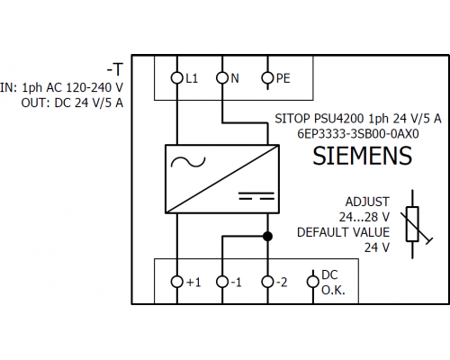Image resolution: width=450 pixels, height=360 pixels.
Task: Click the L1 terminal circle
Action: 177,78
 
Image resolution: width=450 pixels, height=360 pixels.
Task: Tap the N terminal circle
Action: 222,78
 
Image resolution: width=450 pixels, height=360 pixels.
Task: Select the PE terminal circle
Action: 267,78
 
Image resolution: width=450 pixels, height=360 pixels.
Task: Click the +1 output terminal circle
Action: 177,282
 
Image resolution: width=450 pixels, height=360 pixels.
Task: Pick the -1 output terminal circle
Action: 222,282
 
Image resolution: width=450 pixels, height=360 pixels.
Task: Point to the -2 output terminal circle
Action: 267,282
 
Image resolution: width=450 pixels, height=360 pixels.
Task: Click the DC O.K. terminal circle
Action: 313,282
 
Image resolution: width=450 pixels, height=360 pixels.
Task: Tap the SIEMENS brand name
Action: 363,156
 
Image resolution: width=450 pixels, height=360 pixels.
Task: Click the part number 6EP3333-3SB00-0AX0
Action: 358,134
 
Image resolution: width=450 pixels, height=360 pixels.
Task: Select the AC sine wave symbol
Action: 188,162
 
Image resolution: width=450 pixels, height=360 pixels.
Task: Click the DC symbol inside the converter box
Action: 256,196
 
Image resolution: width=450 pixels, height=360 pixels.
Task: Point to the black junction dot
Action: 267,237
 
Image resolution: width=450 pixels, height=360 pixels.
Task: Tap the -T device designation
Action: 115,69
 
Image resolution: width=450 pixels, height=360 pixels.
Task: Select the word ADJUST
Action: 367,202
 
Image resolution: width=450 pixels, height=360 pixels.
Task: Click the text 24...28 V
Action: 364,217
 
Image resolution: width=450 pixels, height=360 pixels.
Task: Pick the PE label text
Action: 283,78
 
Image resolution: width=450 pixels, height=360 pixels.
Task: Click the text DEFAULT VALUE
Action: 344,232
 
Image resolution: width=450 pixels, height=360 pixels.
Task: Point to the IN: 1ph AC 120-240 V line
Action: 61,87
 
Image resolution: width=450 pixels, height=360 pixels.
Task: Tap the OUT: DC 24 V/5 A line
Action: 72,103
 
